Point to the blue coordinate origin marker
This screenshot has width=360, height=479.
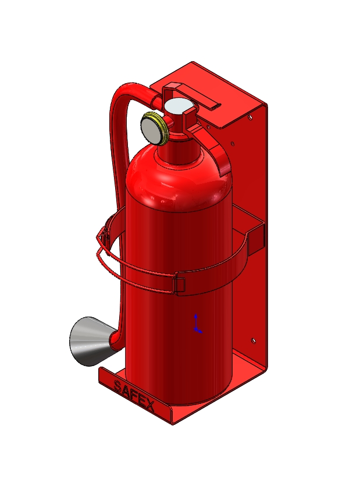point(197,324)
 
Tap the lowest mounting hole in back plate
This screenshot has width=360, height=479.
point(253,340)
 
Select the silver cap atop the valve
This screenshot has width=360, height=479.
point(178,107)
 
